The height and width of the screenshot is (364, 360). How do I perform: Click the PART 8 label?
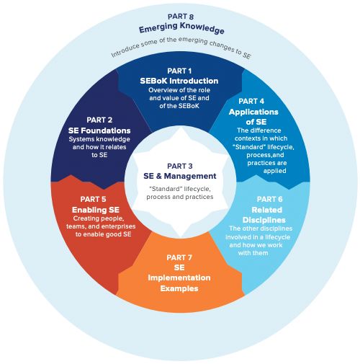tap(181, 17)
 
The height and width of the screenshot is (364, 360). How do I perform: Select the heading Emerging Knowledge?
tap(181, 28)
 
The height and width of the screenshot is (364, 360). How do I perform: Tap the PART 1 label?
tap(179, 71)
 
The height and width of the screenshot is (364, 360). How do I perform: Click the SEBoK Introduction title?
tap(179, 81)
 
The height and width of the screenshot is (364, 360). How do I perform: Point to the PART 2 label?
tap(99, 120)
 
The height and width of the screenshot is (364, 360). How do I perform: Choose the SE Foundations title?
tap(99, 130)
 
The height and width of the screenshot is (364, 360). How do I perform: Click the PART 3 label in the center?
tap(180, 166)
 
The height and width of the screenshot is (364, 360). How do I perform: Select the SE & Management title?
tap(180, 176)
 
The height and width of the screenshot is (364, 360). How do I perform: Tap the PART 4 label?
tap(251, 101)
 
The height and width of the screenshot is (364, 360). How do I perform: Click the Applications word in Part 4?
tap(253, 112)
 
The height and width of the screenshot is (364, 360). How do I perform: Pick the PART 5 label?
tap(93, 199)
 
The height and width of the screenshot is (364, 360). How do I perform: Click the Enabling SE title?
tap(96, 210)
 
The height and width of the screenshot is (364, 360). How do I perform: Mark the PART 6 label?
tap(269, 199)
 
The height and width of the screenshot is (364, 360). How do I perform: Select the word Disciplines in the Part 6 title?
tap(264, 220)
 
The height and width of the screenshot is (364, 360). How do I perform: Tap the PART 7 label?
tap(179, 257)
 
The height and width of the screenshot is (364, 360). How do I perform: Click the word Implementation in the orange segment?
tap(179, 278)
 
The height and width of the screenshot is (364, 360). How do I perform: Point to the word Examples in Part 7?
tap(179, 288)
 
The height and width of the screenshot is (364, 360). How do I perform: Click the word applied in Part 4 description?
tap(274, 171)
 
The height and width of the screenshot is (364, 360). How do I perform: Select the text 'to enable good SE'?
tap(103, 234)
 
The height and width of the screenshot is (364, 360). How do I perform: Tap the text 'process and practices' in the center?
tap(180, 197)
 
